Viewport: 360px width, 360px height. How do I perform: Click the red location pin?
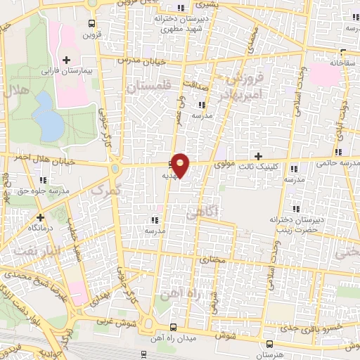(x=181, y=165)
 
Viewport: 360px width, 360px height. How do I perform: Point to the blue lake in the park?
(x=47, y=117)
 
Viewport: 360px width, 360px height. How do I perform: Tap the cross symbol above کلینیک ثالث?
(x=258, y=156)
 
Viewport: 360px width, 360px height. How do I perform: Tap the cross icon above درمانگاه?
(x=41, y=218)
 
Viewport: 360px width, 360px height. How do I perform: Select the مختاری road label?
(x=212, y=260)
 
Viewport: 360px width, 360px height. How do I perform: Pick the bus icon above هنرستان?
(x=270, y=338)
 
